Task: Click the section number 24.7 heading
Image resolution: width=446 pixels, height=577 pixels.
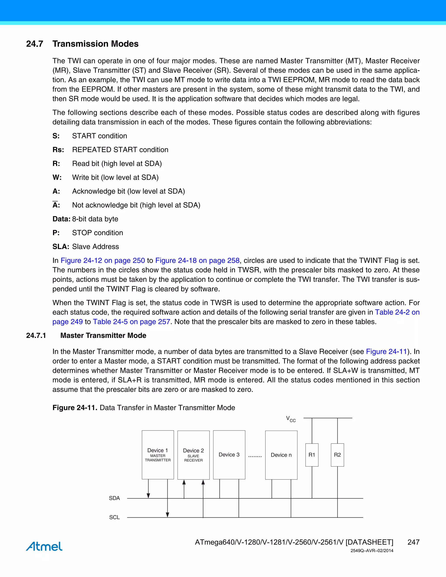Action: point(35,44)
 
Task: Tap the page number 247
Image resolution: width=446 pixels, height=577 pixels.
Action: point(413,542)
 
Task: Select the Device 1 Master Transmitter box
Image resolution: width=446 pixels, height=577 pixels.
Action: point(158,455)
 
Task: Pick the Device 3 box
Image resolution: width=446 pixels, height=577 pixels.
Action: point(229,455)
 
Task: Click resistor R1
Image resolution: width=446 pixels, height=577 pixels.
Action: point(312,455)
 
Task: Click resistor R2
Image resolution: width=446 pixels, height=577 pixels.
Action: point(337,455)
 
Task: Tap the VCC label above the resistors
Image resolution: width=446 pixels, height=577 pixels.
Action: point(291,419)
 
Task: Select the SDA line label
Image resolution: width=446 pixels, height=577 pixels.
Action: point(114,498)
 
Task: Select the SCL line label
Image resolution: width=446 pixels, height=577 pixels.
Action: point(114,517)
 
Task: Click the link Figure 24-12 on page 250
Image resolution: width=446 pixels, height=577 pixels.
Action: point(103,260)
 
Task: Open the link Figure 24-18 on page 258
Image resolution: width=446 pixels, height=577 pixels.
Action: point(197,260)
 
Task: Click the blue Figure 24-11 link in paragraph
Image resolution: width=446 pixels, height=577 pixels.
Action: point(386,352)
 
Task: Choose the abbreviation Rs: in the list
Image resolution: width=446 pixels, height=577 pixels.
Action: point(58,150)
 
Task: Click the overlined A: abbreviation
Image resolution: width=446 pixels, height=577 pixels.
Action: point(56,205)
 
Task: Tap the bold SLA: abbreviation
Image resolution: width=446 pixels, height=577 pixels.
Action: point(61,247)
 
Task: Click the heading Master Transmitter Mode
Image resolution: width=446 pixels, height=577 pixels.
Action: point(103,336)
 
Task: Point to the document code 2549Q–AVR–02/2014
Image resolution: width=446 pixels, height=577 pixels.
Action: point(372,551)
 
